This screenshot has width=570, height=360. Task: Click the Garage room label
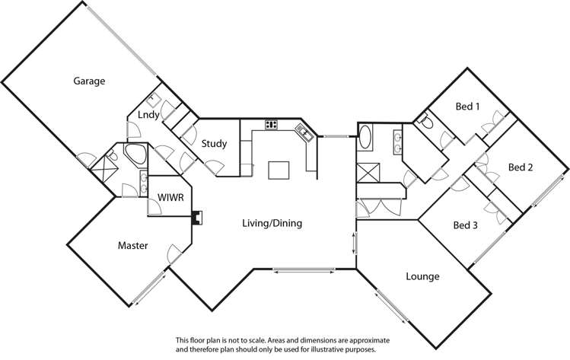pyautogui.click(x=88, y=81)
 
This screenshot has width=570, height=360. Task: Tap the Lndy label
pyautogui.click(x=148, y=115)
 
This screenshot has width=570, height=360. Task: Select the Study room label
pyautogui.click(x=214, y=142)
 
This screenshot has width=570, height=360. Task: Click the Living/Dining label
pyautogui.click(x=272, y=223)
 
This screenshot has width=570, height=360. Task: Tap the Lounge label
pyautogui.click(x=422, y=276)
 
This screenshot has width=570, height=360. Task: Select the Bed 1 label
pyautogui.click(x=467, y=107)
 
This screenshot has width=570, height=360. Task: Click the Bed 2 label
pyautogui.click(x=521, y=167)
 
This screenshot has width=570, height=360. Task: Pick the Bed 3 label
pyautogui.click(x=465, y=225)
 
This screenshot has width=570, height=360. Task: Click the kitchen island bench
pyautogui.click(x=279, y=169)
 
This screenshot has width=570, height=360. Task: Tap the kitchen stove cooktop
pyautogui.click(x=272, y=124)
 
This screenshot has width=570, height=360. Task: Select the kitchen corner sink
pyautogui.click(x=304, y=133)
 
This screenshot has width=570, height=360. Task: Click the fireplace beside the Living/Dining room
pyautogui.click(x=199, y=218)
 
